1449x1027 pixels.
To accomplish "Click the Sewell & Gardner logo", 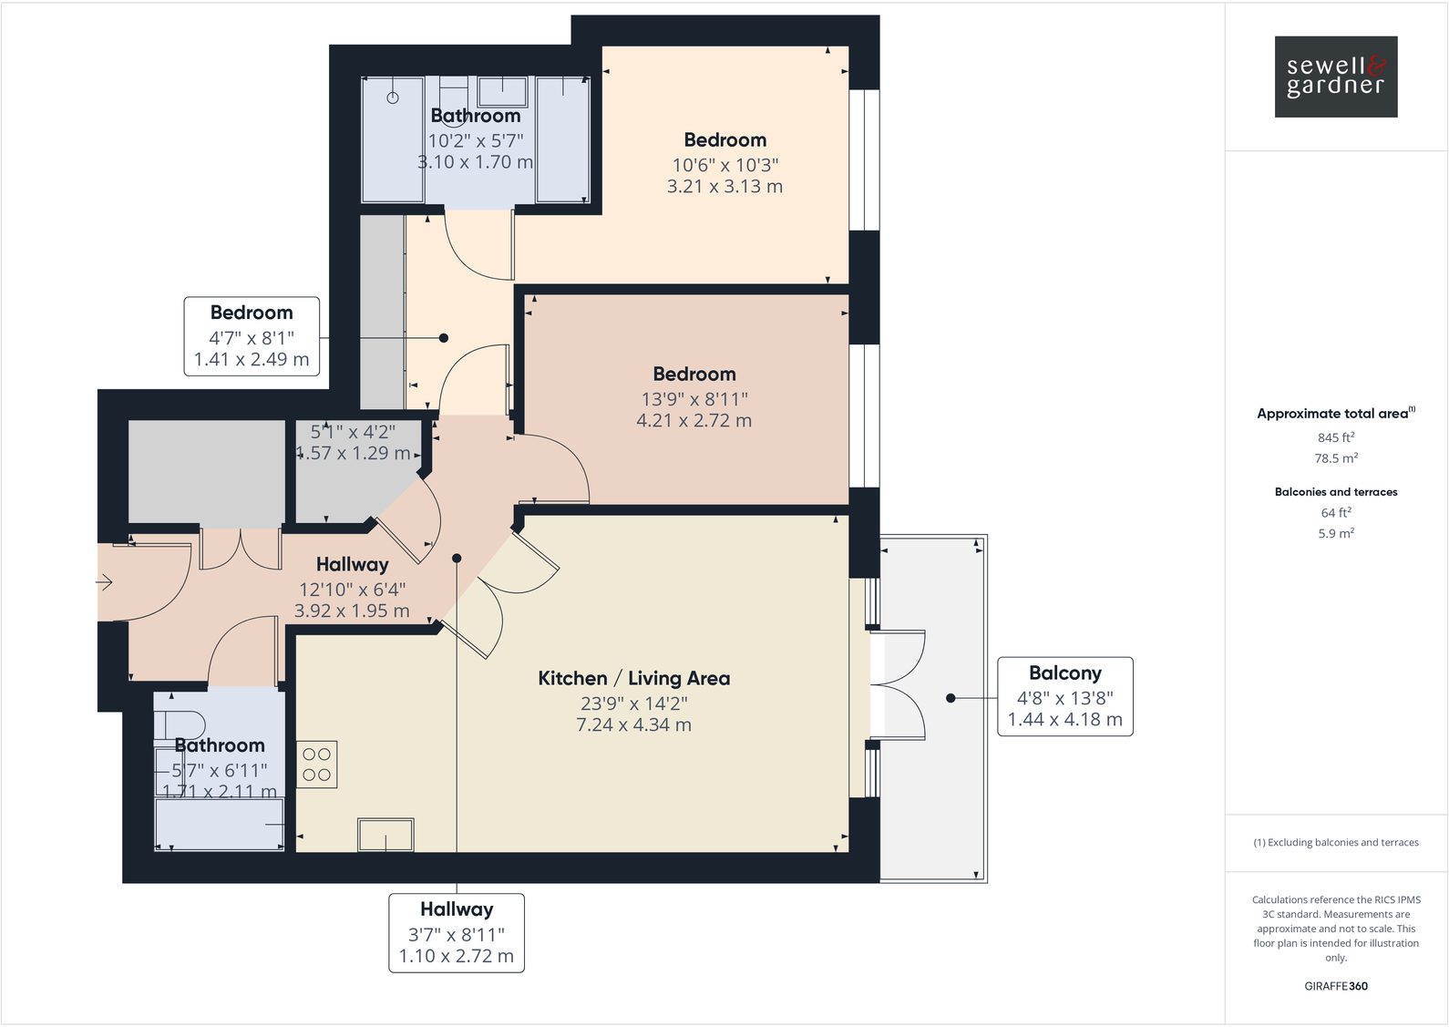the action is [1336, 77].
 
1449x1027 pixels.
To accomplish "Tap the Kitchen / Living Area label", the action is [634, 678].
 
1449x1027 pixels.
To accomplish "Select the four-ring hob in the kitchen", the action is [317, 765].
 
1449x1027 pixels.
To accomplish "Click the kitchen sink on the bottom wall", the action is [386, 835].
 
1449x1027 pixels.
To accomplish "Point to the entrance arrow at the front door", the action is [104, 582].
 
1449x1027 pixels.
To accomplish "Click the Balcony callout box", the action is [1064, 696].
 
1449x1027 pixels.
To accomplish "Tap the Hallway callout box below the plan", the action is [457, 932].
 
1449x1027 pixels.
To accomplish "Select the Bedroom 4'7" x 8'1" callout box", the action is [252, 336].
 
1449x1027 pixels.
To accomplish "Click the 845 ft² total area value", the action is [1336, 437].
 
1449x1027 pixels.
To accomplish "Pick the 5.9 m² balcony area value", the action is [1336, 534].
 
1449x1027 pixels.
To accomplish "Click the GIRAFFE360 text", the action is [1336, 986].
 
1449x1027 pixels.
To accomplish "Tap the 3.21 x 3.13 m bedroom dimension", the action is [724, 186].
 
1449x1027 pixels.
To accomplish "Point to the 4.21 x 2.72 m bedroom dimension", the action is [694, 420].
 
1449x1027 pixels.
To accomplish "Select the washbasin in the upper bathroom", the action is [502, 92].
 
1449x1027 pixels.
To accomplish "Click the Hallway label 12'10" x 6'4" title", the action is [353, 565].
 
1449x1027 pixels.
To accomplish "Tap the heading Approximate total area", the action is [1332, 414].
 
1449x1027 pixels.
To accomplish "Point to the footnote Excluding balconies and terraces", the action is [1336, 843].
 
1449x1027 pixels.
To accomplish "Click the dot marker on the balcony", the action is [951, 698].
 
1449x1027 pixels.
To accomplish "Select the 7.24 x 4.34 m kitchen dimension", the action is [634, 725].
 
